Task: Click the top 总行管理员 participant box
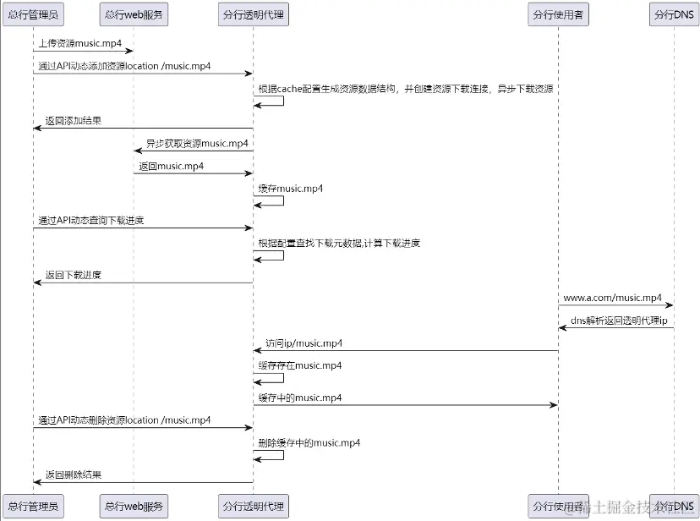(x=33, y=14)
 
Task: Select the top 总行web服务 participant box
(x=133, y=14)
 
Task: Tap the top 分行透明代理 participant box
(x=253, y=14)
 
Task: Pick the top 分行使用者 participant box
(x=558, y=14)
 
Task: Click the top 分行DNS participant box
(x=674, y=14)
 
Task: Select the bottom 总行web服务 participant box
(x=133, y=506)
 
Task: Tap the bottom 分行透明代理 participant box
(x=253, y=506)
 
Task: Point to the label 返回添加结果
(x=74, y=121)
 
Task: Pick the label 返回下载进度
(x=74, y=275)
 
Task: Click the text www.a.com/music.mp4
(x=613, y=298)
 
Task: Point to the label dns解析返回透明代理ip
(x=619, y=320)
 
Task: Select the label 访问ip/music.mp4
(x=304, y=343)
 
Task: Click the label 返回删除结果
(x=74, y=475)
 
